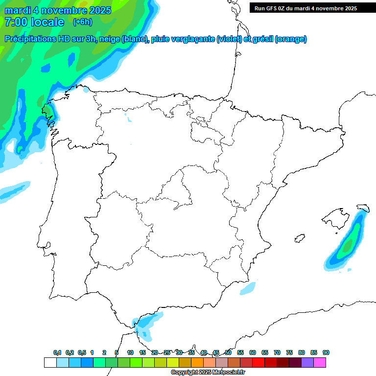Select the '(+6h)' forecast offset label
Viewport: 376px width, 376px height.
[x=82, y=22]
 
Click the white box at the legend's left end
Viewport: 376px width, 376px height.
[x=50, y=363]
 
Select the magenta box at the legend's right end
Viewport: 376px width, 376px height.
[x=320, y=363]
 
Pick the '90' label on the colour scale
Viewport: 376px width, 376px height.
[x=326, y=353]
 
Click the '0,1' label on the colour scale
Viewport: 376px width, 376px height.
[x=57, y=353]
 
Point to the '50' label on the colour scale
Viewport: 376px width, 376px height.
[x=228, y=353]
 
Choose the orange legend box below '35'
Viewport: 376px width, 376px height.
[x=197, y=363]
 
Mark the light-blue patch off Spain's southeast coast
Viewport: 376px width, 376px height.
[x=248, y=289]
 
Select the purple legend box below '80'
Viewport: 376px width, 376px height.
[x=307, y=363]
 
